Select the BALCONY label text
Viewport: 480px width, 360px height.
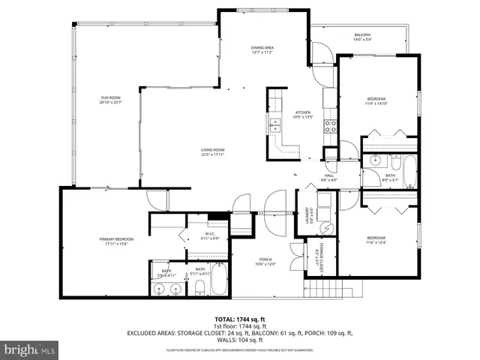coord(363,35)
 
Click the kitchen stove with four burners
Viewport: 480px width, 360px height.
coord(330,125)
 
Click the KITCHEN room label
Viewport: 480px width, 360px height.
coord(301,113)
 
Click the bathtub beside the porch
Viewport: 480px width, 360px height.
coord(218,279)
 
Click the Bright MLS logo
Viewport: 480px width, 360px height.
coord(29,349)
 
